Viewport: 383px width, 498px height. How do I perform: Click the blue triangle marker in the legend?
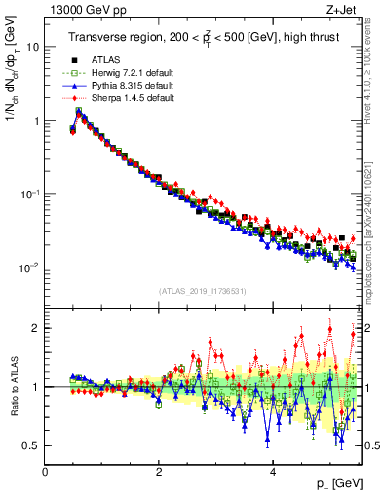point(74,87)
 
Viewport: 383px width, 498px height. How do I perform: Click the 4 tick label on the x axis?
point(272,471)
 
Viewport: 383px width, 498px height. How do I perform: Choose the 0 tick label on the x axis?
point(45,471)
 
